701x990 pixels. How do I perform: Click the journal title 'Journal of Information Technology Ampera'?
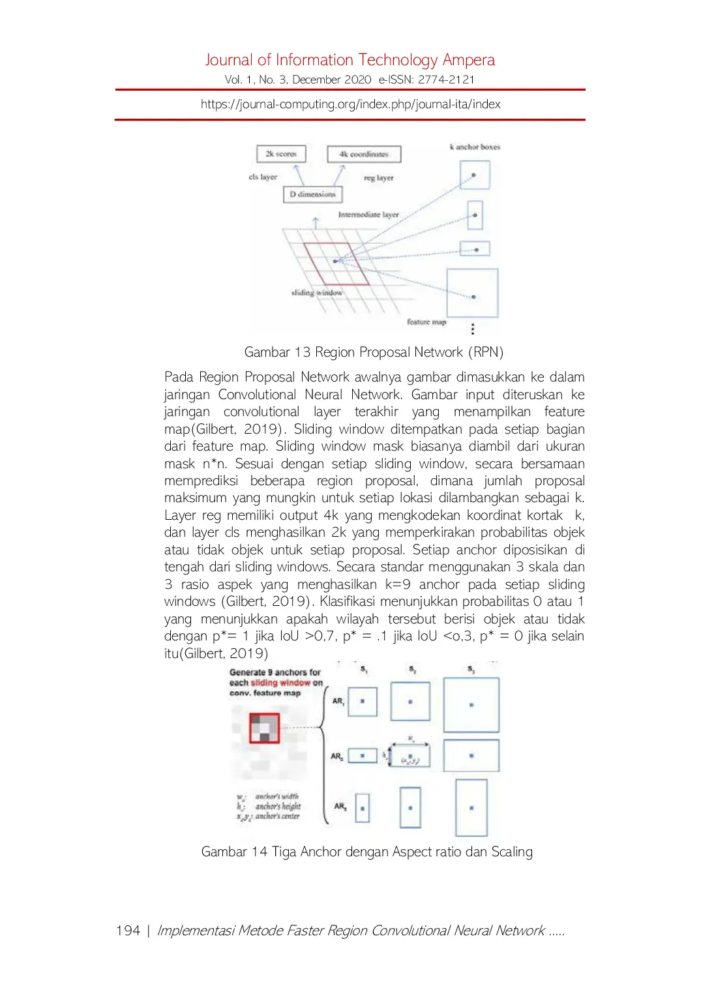pos(350,60)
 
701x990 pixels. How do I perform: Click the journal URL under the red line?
pos(350,104)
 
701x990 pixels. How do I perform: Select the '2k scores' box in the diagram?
pos(281,154)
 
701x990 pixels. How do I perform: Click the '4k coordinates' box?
pos(364,155)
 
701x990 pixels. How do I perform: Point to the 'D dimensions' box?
pos(312,194)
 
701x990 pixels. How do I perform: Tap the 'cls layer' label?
pos(263,177)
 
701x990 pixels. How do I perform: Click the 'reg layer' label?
pos(379,177)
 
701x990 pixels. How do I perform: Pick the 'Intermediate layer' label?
pos(368,215)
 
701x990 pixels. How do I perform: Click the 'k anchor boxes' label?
pos(475,147)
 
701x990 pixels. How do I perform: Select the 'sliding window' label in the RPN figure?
pos(316,293)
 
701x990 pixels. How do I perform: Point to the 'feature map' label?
pos(426,322)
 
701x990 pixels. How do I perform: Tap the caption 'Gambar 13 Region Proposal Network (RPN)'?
pos(374,352)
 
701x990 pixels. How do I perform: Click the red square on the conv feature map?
pos(264,728)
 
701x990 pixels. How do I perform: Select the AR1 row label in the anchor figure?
pos(338,701)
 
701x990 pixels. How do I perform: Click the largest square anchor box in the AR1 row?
pos(471,705)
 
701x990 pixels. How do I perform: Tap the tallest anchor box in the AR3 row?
pos(471,807)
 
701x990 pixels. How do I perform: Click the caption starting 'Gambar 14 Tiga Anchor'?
pos(366,852)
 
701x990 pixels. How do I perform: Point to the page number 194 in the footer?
pos(128,931)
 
